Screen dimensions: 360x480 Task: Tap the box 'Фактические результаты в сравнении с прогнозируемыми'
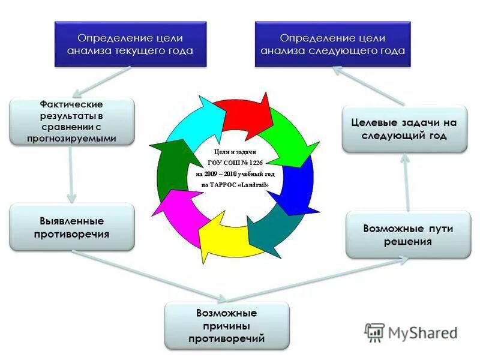[x=71, y=122]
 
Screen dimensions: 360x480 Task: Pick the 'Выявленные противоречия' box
[x=71, y=227]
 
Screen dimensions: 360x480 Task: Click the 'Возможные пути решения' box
[x=408, y=235]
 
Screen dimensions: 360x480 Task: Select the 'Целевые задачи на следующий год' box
[x=404, y=129]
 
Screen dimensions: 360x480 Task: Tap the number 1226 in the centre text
[x=254, y=163]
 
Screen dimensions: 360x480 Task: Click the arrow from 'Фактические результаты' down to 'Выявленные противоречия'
[x=71, y=174]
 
